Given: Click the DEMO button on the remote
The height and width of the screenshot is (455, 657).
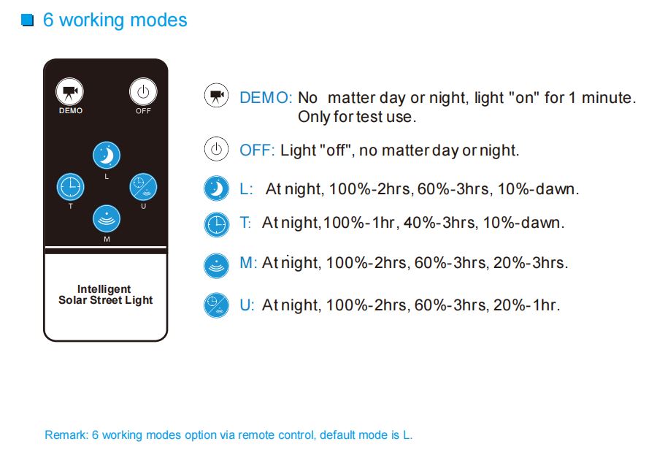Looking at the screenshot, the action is pyautogui.click(x=69, y=91).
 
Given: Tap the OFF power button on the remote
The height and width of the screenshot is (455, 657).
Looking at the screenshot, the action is pyautogui.click(x=143, y=91).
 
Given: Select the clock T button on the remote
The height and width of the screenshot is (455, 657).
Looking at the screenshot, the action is pyautogui.click(x=70, y=187).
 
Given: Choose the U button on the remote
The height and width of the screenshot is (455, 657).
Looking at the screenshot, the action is pyautogui.click(x=143, y=187).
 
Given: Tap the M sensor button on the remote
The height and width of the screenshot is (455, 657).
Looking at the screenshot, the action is pyautogui.click(x=107, y=218).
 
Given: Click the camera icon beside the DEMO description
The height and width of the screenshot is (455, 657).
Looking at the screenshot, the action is pyautogui.click(x=216, y=95).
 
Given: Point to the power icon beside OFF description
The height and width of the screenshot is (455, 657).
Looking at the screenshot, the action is pyautogui.click(x=216, y=149).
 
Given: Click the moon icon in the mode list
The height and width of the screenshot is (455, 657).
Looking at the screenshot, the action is pyautogui.click(x=216, y=188).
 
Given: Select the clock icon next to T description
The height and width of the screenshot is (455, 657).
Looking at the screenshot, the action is pyautogui.click(x=216, y=224).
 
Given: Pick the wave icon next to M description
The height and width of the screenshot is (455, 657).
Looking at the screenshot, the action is pyautogui.click(x=216, y=265).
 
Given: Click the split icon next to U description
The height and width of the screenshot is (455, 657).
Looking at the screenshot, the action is pyautogui.click(x=216, y=305).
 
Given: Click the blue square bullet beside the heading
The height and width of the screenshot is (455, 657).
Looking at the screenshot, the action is pyautogui.click(x=28, y=20).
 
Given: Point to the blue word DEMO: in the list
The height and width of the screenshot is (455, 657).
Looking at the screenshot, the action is pyautogui.click(x=266, y=98).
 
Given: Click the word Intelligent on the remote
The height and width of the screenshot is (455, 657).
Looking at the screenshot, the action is pyautogui.click(x=104, y=289).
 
